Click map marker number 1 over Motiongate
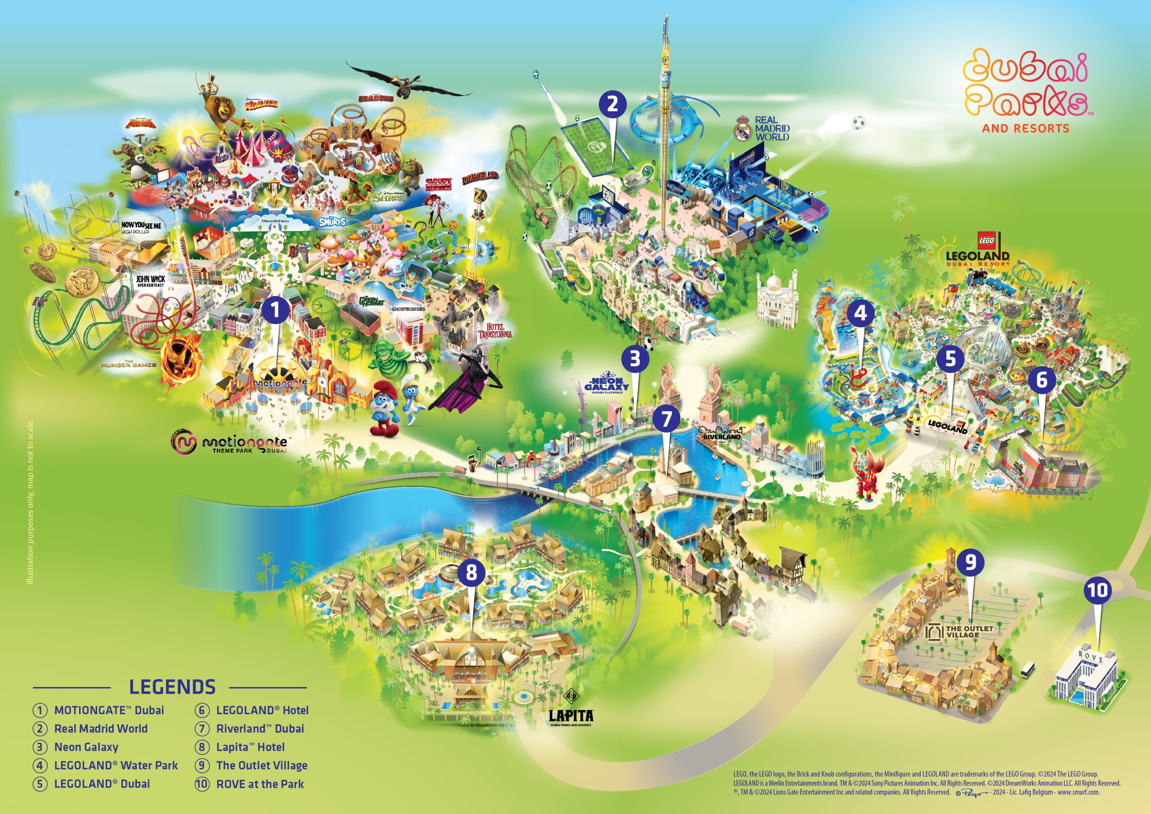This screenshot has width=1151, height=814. pos(275,309)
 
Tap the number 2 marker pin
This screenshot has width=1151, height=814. pos(612,104)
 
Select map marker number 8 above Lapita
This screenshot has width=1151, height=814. pos(471,572)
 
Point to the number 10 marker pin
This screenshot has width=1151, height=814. pos(1098,590)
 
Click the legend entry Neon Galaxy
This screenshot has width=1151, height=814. pos(86,747)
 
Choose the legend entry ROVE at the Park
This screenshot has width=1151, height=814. pos(260,784)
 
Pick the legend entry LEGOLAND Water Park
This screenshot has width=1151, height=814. pos(116,765)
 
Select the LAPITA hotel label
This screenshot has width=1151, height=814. pos(571,715)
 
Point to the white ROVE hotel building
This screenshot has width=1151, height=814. pos(1087,679)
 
